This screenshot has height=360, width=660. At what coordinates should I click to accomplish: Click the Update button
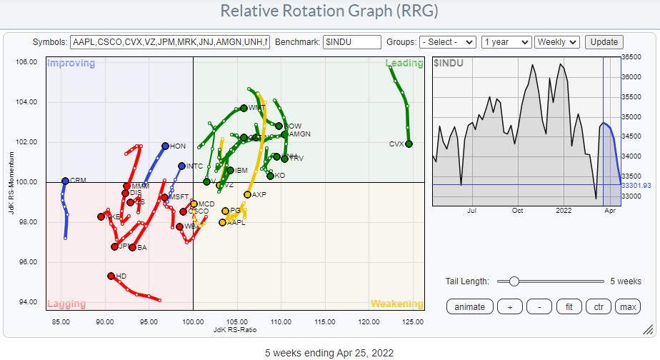tap(604, 42)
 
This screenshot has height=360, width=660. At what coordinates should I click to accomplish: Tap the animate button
tap(469, 307)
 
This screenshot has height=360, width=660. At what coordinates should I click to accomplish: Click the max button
tap(628, 307)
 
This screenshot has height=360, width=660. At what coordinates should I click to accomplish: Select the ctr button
tap(599, 307)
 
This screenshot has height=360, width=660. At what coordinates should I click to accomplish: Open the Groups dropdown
tap(447, 42)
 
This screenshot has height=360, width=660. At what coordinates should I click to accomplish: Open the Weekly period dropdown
tap(557, 42)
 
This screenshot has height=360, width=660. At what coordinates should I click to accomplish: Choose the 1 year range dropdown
tap(506, 42)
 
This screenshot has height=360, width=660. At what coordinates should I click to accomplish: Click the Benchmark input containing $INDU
tap(351, 42)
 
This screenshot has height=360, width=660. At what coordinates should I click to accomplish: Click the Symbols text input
tap(170, 42)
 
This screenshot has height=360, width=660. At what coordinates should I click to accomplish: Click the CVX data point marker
tap(409, 144)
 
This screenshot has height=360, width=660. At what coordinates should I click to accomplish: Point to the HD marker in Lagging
tap(111, 276)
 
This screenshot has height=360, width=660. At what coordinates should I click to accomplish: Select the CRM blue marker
tap(65, 181)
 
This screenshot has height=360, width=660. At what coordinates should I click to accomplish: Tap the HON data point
tap(165, 146)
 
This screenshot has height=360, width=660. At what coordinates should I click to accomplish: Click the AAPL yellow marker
tap(222, 222)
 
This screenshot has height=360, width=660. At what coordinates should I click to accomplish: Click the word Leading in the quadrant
tap(404, 64)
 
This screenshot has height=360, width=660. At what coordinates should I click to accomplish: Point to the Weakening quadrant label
tap(397, 304)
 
